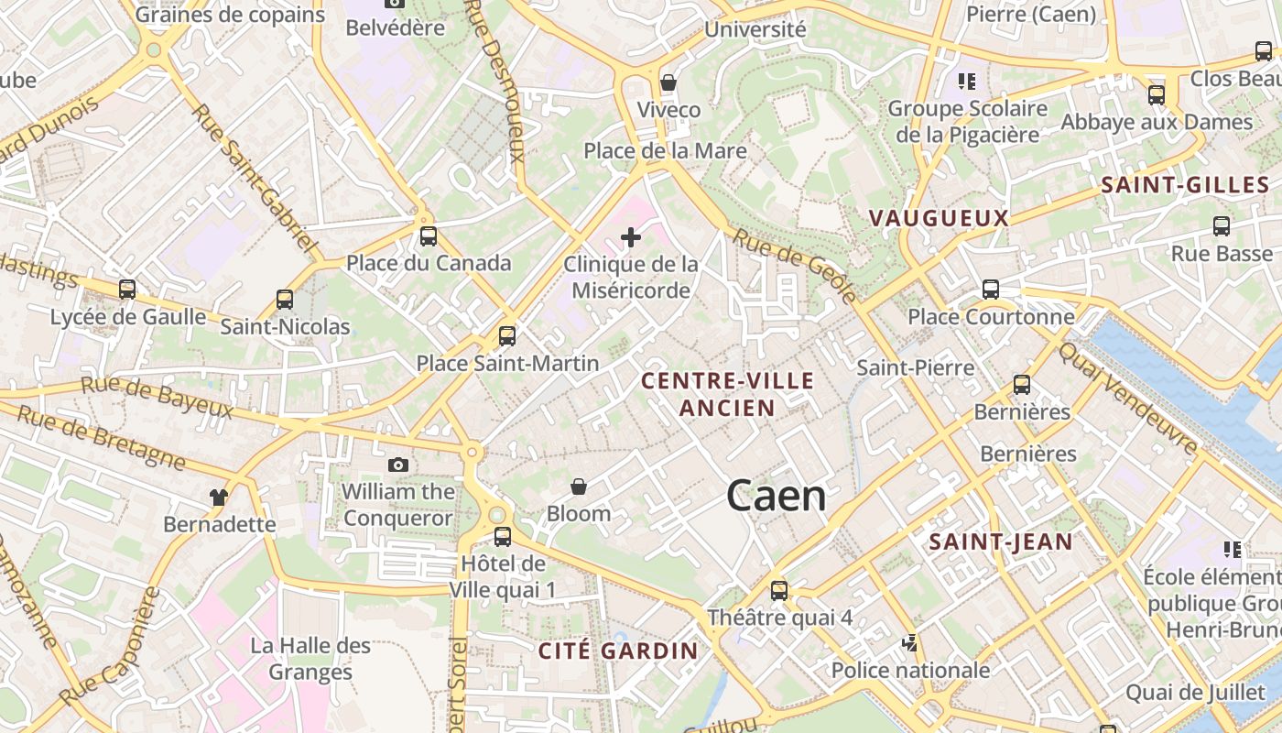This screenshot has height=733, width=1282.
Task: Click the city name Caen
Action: coord(777,496)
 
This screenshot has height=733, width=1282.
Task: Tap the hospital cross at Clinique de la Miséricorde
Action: coord(631,238)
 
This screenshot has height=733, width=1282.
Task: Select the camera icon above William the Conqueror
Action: coord(398,465)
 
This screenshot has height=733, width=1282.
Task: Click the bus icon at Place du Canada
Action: coord(429,236)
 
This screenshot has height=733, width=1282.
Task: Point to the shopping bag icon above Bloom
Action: coord(579,487)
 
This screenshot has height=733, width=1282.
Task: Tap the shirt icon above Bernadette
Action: coord(219,498)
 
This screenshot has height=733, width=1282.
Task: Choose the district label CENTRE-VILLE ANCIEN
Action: coord(728,394)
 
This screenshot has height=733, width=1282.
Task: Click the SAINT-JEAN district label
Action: coord(1001,542)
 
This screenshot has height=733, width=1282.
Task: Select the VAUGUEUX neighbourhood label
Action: coord(939,218)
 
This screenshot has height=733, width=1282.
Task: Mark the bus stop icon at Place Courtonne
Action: coord(991,290)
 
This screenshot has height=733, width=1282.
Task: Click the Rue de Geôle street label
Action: coord(795,266)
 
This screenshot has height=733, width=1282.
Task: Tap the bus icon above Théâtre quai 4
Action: coord(779,591)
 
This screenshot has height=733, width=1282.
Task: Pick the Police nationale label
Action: coord(910,670)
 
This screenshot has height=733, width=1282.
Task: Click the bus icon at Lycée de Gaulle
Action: coord(127,290)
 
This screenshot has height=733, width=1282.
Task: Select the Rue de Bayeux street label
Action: coord(157,395)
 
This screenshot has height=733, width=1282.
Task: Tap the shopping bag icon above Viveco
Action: coord(668,82)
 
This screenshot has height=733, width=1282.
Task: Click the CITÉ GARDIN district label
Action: coord(618,651)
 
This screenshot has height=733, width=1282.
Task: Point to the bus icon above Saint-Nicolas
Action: coord(285,299)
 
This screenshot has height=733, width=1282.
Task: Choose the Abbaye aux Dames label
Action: coord(1157,122)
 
